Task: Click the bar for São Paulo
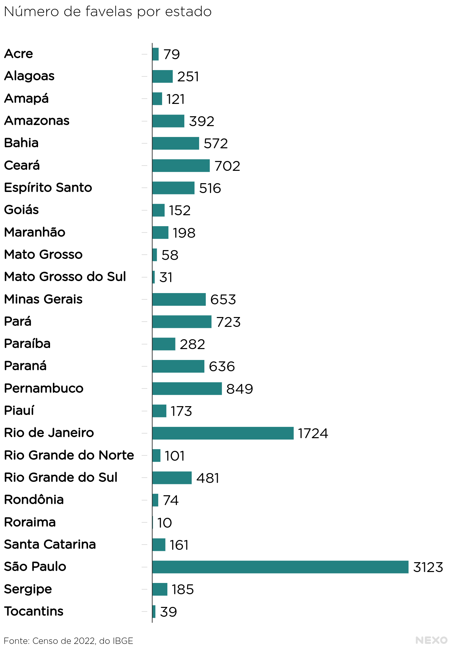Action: tap(280, 567)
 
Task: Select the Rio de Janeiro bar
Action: tap(223, 433)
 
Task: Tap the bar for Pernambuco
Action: tap(187, 389)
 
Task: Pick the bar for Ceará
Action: tap(181, 166)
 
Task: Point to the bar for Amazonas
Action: tap(168, 121)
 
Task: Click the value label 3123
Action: tap(428, 567)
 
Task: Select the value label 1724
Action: tap(313, 433)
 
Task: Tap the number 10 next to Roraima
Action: tap(165, 523)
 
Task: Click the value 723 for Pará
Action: tap(228, 322)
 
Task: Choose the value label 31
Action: tap(166, 277)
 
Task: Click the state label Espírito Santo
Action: tap(48, 187)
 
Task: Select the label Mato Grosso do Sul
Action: tap(65, 277)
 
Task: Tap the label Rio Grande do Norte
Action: tap(69, 455)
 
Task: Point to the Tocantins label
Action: tap(34, 611)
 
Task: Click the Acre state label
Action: tap(19, 54)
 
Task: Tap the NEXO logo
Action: tap(431, 640)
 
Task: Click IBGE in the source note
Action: tap(123, 641)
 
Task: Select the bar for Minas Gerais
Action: tap(179, 299)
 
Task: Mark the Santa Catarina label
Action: tap(50, 544)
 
